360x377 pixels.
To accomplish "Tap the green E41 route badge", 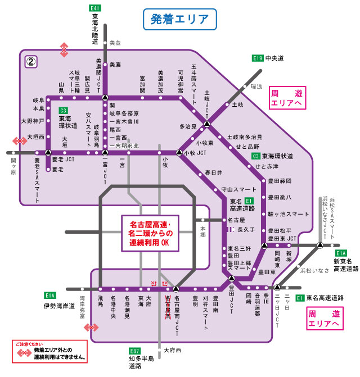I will [x=95, y=8].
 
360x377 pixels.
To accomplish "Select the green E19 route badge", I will [x=257, y=58].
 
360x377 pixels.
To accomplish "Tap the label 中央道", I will [x=275, y=58].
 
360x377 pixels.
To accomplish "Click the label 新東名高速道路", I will [x=346, y=265].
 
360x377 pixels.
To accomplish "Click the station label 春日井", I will [x=214, y=172].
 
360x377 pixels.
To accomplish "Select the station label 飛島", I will [x=100, y=304].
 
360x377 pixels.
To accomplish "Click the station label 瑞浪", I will [x=256, y=87].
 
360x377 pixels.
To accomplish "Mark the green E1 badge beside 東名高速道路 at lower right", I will [x=300, y=297].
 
